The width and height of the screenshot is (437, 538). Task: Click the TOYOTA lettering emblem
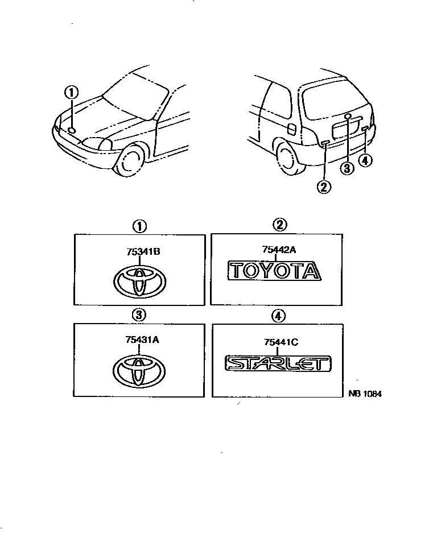274,271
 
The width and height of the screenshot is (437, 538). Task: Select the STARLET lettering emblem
278,363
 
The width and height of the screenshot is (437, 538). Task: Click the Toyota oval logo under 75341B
138,281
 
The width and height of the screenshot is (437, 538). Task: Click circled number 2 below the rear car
324,186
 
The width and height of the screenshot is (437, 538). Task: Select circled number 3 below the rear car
346,168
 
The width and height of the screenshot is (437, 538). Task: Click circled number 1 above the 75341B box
138,226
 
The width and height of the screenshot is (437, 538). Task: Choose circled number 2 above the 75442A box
279,225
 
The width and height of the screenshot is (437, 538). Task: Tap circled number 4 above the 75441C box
278,316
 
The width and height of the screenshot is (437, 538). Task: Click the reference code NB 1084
365,394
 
